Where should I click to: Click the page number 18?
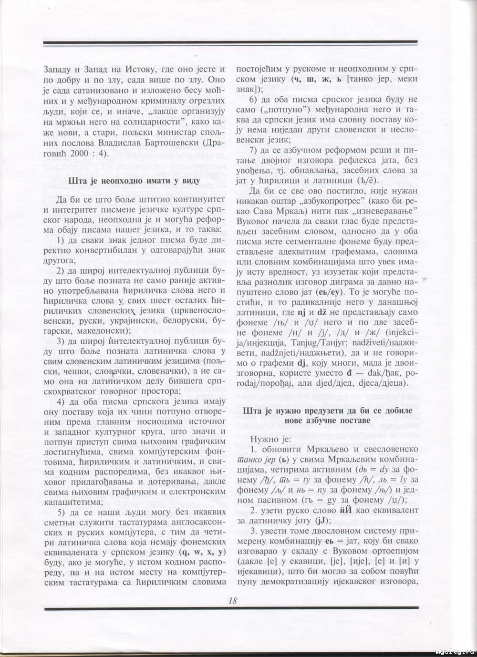(x=233, y=601)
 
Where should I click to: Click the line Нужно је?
(x=270, y=439)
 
